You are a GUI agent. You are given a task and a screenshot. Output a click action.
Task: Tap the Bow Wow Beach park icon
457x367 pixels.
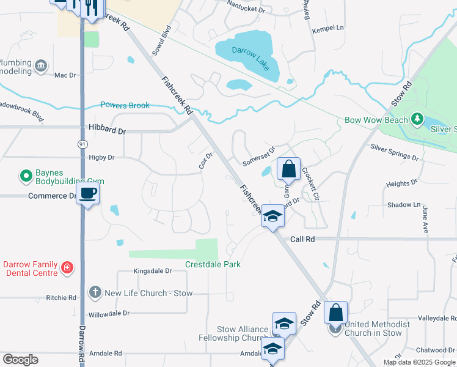tap(417, 118)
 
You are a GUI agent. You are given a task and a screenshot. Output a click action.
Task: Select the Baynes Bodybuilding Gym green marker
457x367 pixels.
tap(26, 177)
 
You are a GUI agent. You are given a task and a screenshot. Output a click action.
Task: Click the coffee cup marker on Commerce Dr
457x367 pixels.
tap(89, 194)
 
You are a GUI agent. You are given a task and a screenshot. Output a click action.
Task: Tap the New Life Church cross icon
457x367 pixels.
tap(95, 292)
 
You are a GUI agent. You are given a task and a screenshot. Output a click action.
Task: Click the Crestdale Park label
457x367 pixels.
tap(213, 264)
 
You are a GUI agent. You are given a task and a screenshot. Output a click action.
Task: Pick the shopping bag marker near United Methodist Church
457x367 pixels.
tap(335, 313)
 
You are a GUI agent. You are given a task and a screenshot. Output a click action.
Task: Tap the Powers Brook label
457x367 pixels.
tap(125, 105)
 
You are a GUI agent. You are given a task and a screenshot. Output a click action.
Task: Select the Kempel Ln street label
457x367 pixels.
tap(328, 29)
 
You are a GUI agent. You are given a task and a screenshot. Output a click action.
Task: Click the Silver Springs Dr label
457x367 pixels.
tap(394, 153)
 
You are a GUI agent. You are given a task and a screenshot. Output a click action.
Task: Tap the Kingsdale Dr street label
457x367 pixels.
tap(150, 270)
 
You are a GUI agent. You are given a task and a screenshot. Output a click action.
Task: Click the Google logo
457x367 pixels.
tap(20, 360)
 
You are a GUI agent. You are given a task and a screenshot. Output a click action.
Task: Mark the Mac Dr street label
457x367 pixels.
tap(64, 75)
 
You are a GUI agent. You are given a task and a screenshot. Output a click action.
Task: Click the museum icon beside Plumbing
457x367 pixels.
tap(41, 65)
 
